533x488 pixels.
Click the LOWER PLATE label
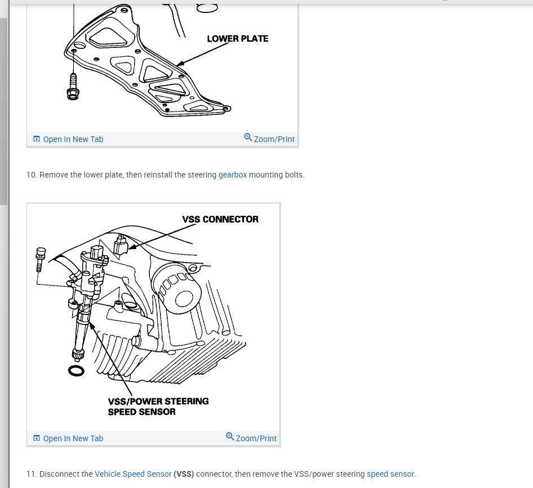(x=237, y=39)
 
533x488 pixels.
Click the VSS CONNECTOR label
(x=220, y=219)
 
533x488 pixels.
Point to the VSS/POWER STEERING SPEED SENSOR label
(x=158, y=406)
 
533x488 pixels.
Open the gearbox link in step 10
(x=233, y=175)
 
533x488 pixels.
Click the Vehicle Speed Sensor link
(x=133, y=474)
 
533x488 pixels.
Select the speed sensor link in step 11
(x=390, y=474)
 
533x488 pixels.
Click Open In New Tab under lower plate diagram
(x=68, y=139)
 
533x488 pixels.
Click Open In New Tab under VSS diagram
(x=68, y=438)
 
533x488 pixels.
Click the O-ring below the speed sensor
(x=76, y=371)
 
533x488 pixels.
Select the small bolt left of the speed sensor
(x=40, y=259)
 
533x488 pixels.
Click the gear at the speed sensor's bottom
(x=78, y=354)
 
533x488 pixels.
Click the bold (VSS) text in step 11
(x=184, y=474)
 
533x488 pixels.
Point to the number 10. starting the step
(x=32, y=175)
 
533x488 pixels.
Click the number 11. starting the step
(x=32, y=474)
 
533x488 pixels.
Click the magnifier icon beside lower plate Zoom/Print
(x=248, y=137)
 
